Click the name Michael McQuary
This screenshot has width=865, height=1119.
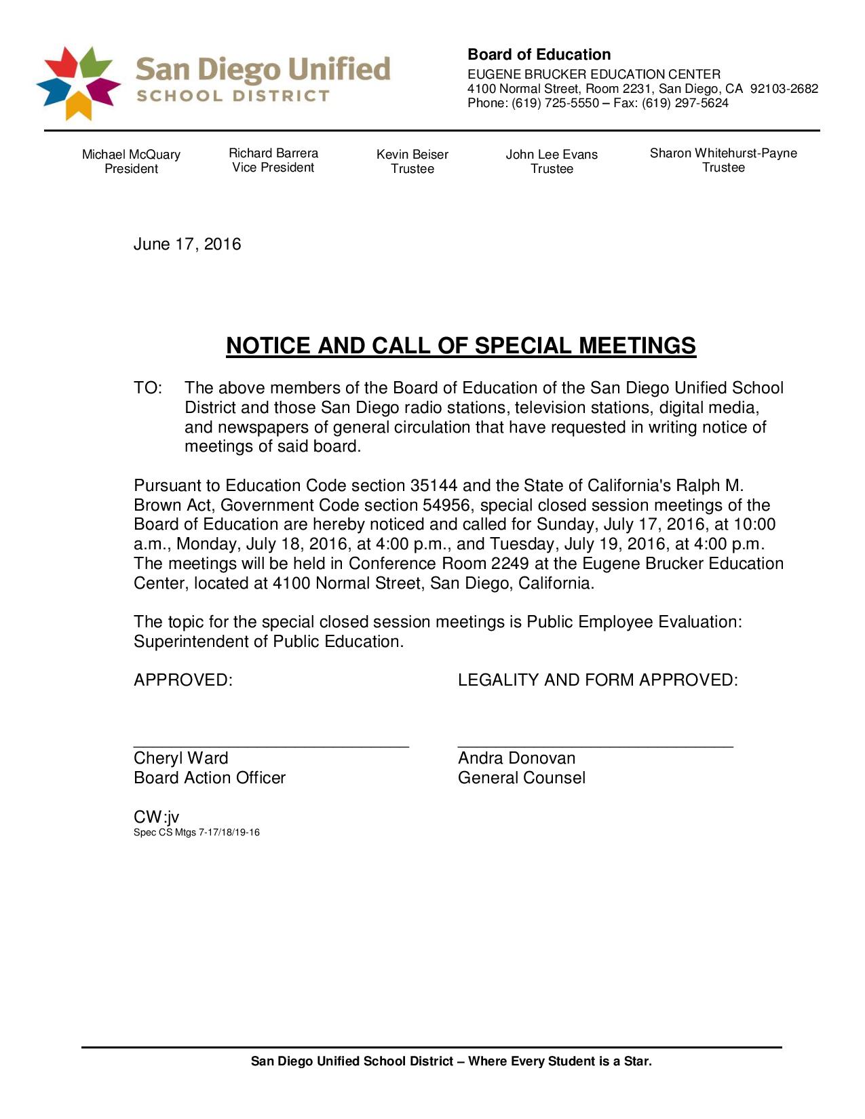131,155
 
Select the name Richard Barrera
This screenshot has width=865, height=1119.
273,153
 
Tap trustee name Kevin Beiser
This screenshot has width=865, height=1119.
412,155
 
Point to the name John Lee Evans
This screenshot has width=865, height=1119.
552,155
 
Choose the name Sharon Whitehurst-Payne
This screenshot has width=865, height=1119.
723,153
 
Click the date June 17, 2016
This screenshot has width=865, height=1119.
187,244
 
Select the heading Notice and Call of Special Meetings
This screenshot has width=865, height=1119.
461,346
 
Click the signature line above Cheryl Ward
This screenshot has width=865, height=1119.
271,745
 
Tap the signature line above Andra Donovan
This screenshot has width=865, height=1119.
595,745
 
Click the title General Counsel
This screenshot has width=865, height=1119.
521,778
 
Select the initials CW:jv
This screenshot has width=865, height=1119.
157,817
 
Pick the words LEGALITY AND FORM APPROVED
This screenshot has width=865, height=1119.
598,680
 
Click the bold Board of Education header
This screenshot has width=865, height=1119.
539,55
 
